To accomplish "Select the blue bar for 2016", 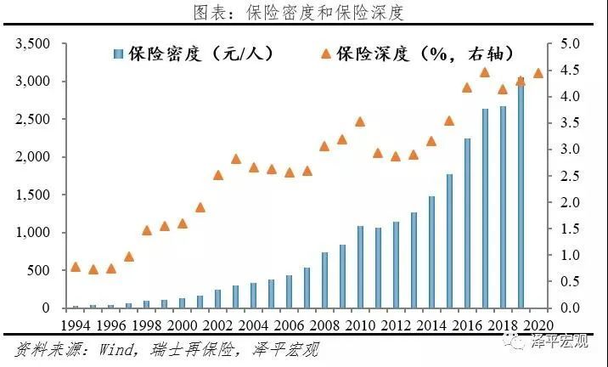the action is tap(467, 223).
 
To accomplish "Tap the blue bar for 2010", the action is tap(360, 267).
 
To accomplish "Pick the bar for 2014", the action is tap(431, 252).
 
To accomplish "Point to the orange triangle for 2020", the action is tap(538, 73).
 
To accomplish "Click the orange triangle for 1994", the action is tap(76, 267).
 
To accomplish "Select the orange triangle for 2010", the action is tap(360, 121).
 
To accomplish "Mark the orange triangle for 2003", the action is tap(236, 159).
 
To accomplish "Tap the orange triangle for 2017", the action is tap(485, 72).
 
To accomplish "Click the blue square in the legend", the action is tap(118, 54).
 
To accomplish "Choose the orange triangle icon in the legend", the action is tap(326, 54).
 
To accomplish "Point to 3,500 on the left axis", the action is tap(33, 43).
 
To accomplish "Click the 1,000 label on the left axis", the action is tap(33, 233).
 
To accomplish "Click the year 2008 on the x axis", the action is tap(324, 325).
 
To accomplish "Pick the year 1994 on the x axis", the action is tap(76, 325).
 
